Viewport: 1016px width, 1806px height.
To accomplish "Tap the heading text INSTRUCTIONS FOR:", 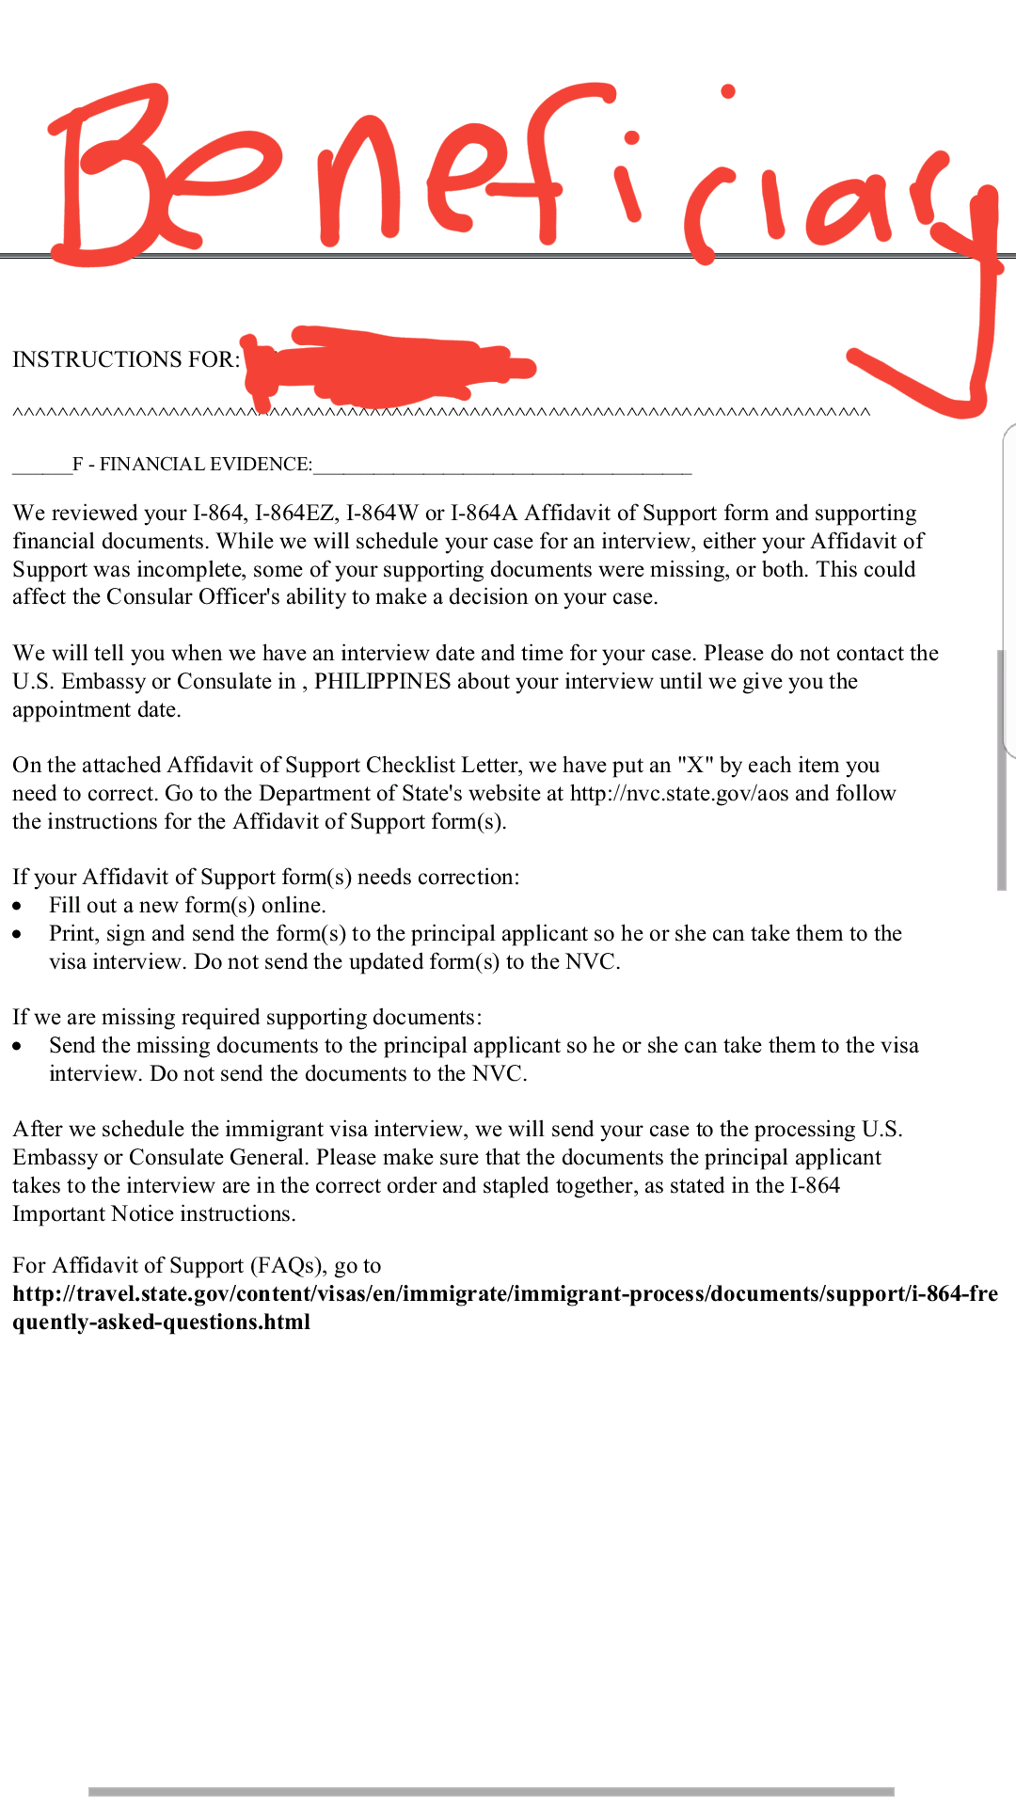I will [126, 359].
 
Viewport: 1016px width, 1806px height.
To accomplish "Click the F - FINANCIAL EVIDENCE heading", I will [193, 464].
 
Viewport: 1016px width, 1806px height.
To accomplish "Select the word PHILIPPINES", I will [382, 681].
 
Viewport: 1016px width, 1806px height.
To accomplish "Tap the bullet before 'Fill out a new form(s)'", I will [18, 906].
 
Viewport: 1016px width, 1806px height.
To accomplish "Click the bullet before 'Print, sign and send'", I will [18, 934].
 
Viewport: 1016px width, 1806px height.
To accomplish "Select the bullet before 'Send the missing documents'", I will [18, 1046].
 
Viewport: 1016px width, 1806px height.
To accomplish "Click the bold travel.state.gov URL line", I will [505, 1293].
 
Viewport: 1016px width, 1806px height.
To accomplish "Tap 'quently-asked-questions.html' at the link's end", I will [161, 1322].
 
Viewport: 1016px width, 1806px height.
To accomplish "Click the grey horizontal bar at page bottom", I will [491, 1791].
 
